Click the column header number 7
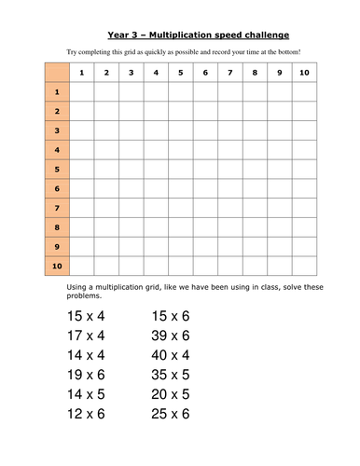[228, 72]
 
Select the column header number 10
[301, 72]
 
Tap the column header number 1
[82, 72]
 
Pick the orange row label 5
[56, 170]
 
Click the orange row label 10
[56, 267]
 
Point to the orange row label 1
[56, 91]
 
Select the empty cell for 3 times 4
[155, 130]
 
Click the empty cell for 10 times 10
[301, 267]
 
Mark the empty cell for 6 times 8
[253, 189]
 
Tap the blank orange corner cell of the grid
[56, 72]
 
